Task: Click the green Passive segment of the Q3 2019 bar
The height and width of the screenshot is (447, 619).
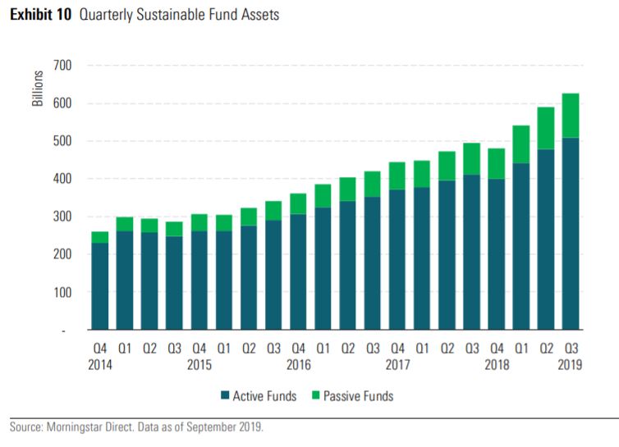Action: click(570, 116)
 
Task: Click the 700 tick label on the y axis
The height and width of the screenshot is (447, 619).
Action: click(61, 66)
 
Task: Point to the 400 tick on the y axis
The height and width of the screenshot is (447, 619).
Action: click(61, 179)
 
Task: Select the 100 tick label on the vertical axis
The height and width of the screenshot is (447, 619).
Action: click(61, 292)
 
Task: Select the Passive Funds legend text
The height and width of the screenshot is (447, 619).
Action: click(360, 397)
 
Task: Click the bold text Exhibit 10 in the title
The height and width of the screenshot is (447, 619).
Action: click(41, 15)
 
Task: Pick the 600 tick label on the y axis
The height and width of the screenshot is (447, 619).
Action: click(61, 103)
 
